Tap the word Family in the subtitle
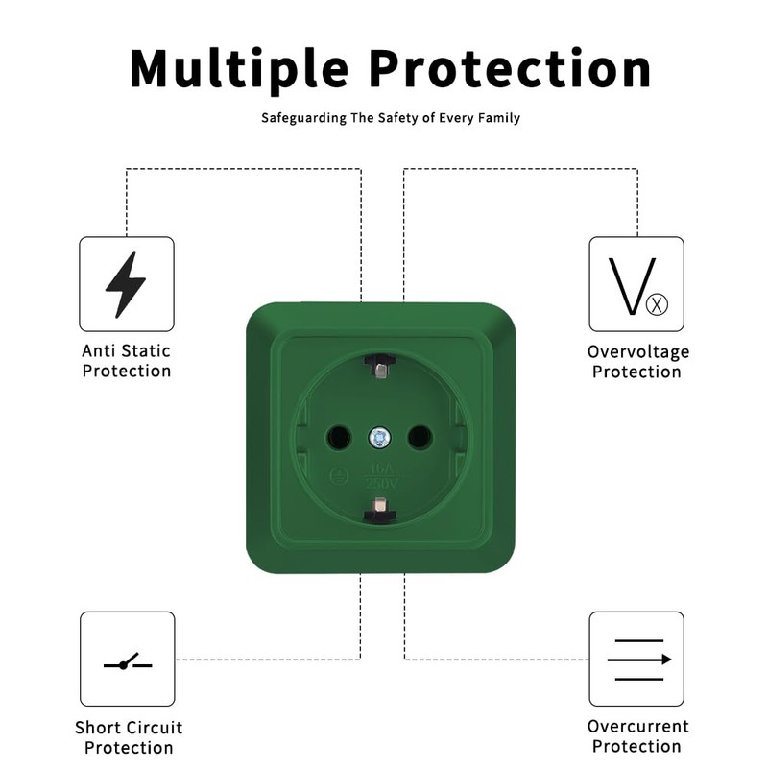499,118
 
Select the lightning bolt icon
126,284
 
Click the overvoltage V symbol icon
636,285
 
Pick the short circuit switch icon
127,660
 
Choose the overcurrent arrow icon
636,660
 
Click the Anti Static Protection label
127,361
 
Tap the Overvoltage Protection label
637,362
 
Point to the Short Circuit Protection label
129,737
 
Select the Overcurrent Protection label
637,736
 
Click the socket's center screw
380,438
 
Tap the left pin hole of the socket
339,439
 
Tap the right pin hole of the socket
420,439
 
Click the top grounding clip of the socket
380,365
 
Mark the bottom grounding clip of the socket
380,510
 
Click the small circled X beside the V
658,305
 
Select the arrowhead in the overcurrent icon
666,660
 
